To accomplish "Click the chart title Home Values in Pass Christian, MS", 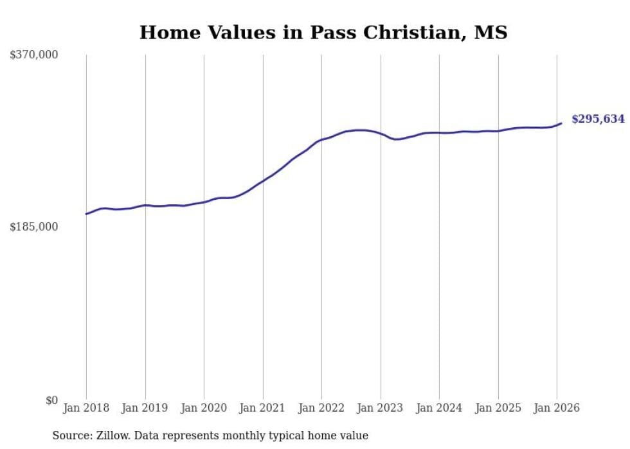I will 323,32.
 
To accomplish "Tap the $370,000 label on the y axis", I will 34,55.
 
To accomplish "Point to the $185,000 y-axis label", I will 34,227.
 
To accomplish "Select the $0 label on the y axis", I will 51,401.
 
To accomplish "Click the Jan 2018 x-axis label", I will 86,409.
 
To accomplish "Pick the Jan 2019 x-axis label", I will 145,409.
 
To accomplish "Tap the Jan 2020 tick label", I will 204,409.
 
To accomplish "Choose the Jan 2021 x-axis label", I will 263,409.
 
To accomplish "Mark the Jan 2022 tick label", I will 321,409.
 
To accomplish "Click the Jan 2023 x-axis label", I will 381,409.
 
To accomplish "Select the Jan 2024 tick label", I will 439,409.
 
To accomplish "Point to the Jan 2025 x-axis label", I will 498,409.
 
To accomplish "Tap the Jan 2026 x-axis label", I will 557,409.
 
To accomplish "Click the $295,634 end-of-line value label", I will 598,119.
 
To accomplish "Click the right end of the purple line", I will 561,123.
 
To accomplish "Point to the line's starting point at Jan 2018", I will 86,214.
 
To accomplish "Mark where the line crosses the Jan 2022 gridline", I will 321,139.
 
